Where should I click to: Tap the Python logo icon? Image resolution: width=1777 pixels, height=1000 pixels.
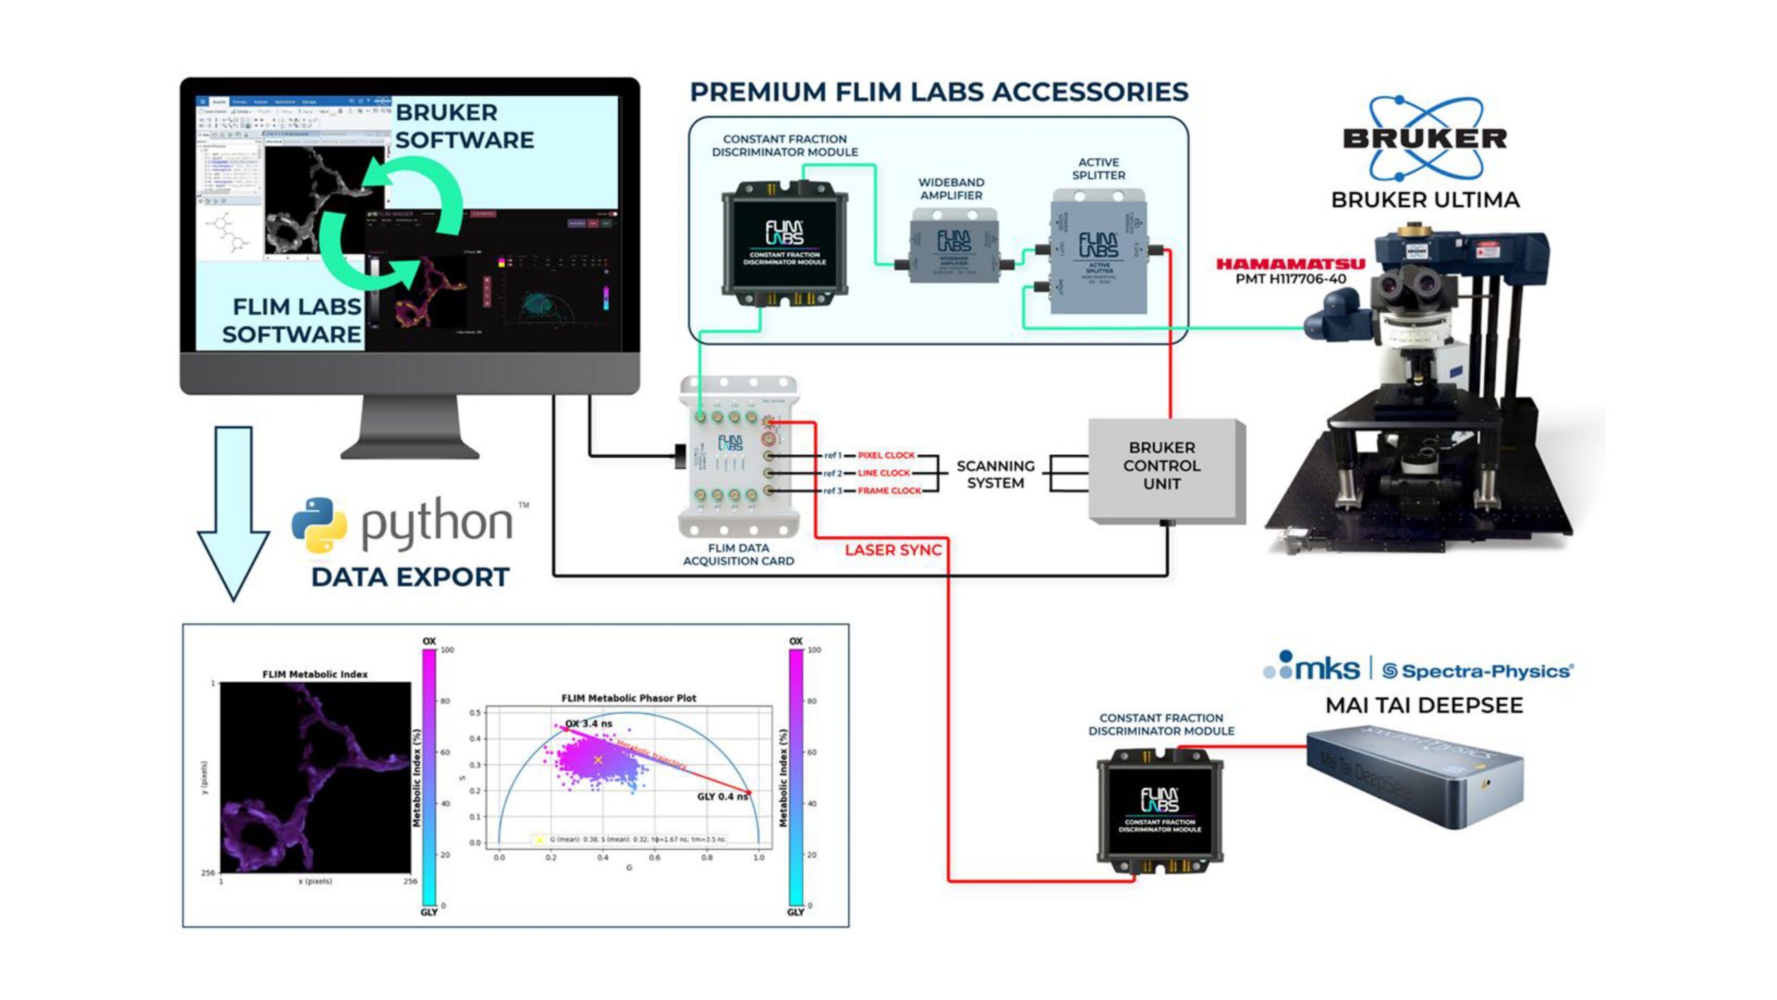[319, 524]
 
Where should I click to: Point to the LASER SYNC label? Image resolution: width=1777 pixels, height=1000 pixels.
[893, 550]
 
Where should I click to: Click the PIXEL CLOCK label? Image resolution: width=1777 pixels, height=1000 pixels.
[886, 456]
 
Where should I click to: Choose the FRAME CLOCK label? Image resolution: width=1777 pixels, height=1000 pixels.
[888, 491]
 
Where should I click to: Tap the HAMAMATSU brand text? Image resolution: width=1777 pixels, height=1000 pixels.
[1290, 264]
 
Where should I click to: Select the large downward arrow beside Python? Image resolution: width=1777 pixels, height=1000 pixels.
[233, 514]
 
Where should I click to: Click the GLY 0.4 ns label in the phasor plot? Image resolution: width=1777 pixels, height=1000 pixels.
[722, 797]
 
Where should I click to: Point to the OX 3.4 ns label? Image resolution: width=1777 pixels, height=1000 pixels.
[589, 724]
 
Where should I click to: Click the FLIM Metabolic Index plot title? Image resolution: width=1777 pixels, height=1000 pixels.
[314, 674]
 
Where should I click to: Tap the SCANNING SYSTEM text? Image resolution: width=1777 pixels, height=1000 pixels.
[995, 474]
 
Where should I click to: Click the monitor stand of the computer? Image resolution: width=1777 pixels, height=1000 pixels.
[410, 427]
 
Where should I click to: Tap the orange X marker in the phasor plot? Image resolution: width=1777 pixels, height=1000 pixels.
[598, 760]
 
